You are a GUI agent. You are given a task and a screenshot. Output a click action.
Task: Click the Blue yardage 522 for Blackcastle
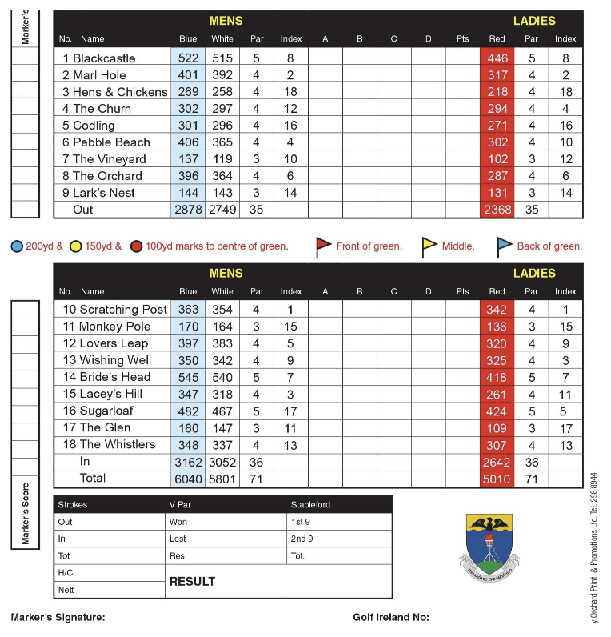pyautogui.click(x=188, y=58)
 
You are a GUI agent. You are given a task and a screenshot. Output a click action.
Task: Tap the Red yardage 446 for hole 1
pyautogui.click(x=497, y=58)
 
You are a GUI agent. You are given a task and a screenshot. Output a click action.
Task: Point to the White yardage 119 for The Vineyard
pyautogui.click(x=222, y=159)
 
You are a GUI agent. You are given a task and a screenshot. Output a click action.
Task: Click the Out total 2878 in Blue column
pyautogui.click(x=188, y=210)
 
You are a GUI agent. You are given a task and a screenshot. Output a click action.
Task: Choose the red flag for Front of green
pyautogui.click(x=323, y=246)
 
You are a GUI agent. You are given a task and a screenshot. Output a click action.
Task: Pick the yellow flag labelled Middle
pyautogui.click(x=429, y=247)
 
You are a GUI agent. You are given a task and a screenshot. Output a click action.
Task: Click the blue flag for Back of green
pyautogui.click(x=505, y=247)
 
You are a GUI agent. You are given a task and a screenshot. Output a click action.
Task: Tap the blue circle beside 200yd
pyautogui.click(x=17, y=246)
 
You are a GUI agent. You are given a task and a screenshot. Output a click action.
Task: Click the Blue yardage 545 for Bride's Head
pyautogui.click(x=188, y=377)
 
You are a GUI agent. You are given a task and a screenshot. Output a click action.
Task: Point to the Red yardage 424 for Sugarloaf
pyautogui.click(x=497, y=411)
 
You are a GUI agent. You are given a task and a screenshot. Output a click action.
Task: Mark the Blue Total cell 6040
pyautogui.click(x=188, y=479)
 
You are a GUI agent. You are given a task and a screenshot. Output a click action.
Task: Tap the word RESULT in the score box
pyautogui.click(x=192, y=582)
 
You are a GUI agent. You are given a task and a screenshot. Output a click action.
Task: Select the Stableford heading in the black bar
pyautogui.click(x=310, y=505)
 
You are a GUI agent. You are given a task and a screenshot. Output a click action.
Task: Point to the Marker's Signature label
pyautogui.click(x=58, y=618)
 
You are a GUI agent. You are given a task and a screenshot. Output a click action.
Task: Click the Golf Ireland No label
pyautogui.click(x=391, y=618)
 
